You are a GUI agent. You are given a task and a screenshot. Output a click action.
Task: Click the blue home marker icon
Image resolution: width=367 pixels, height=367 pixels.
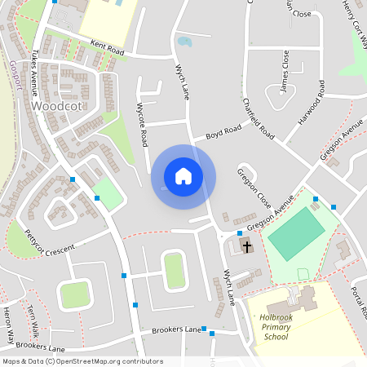(183, 176)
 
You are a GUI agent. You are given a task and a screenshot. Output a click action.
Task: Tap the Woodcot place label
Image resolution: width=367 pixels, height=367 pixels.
(58, 106)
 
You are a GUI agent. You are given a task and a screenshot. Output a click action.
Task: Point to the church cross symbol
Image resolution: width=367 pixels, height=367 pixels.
(246, 245)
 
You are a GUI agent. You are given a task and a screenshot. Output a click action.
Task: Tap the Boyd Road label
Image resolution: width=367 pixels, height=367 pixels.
(223, 130)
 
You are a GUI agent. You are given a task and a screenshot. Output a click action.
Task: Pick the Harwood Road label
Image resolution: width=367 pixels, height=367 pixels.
(311, 102)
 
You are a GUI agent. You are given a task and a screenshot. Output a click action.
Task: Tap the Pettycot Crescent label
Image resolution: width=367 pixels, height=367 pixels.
(49, 244)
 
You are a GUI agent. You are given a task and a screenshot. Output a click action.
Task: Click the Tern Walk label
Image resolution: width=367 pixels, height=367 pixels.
(33, 320)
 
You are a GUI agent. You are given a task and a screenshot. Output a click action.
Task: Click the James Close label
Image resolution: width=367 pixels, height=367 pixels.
(283, 70)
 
